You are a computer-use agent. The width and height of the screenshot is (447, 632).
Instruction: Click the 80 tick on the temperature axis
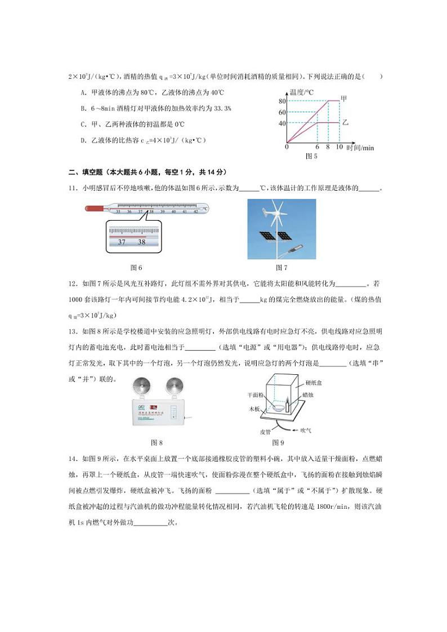point(281,101)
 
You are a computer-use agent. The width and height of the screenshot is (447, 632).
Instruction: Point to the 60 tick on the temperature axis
point(281,112)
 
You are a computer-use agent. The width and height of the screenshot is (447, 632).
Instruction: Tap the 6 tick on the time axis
point(318,147)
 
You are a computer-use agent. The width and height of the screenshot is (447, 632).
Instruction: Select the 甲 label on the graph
point(344,98)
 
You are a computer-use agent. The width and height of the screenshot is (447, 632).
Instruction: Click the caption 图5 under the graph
point(311,156)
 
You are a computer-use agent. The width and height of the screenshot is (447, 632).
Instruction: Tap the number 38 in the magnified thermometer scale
point(141,242)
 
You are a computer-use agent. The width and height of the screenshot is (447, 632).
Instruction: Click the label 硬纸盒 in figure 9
point(314,382)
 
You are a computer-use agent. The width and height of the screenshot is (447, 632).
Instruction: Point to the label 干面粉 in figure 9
point(256,395)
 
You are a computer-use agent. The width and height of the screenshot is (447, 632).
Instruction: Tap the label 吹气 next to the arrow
point(306,430)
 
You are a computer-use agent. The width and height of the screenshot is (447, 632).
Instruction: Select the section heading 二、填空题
point(86,172)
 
